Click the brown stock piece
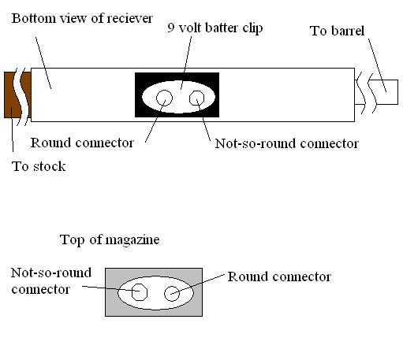10,95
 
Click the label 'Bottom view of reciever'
82,18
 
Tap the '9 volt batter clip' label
215,28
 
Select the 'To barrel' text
338,31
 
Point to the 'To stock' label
39,166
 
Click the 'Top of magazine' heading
110,239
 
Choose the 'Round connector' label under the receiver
82,143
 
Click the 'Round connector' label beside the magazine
279,276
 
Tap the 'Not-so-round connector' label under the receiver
287,143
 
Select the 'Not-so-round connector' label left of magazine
51,280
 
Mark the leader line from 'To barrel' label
377,65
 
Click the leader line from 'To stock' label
13,131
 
